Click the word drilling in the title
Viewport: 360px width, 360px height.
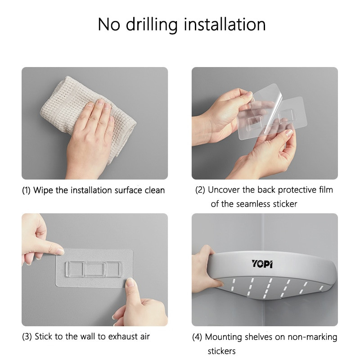point(152,25)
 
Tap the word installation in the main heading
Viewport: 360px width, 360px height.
point(225,24)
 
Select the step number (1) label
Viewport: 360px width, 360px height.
point(26,190)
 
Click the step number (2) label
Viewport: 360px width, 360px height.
point(200,190)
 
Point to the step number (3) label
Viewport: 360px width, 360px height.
point(27,337)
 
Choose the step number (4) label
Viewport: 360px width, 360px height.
point(197,337)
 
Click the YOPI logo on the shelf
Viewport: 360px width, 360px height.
point(262,264)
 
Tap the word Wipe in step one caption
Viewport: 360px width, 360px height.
point(43,190)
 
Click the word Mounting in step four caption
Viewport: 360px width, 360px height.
point(223,337)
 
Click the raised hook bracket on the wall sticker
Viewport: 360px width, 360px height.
point(94,269)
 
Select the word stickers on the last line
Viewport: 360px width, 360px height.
point(221,351)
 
